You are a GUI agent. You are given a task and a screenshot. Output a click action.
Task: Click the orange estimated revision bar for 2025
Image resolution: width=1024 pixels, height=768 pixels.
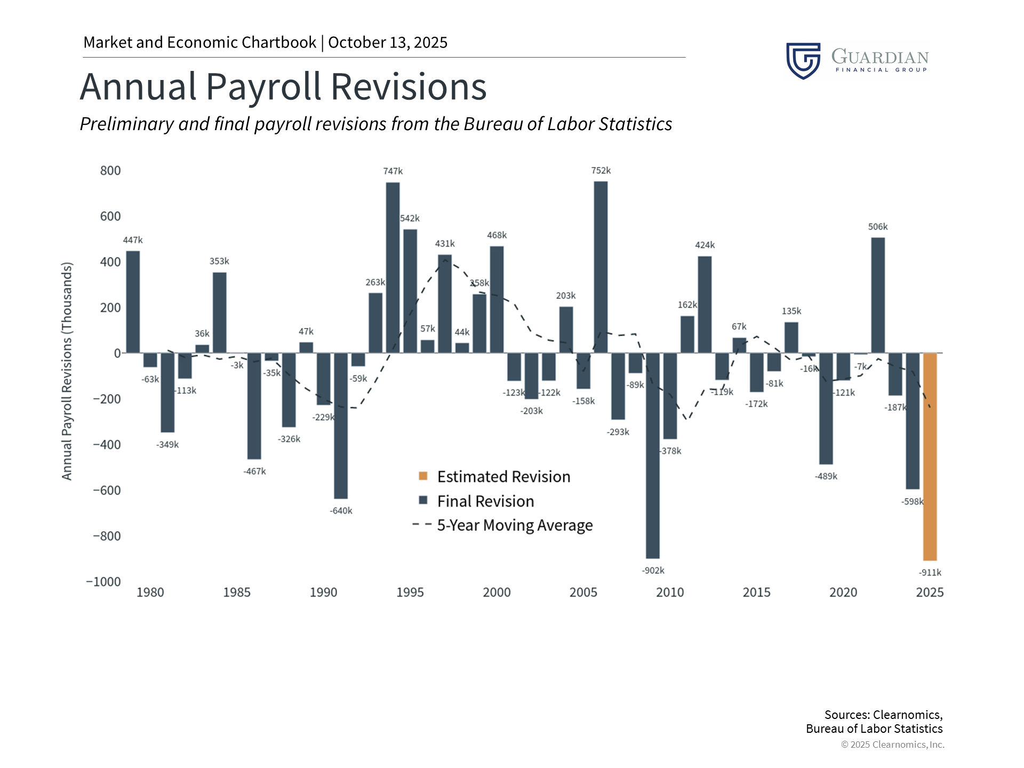tap(930, 457)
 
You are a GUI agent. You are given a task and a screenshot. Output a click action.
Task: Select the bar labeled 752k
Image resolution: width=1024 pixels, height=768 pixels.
tap(601, 267)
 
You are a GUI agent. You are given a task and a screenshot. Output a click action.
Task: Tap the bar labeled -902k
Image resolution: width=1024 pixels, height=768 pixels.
tap(652, 455)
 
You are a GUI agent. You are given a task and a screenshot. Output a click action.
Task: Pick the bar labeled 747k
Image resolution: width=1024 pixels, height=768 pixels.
tap(393, 267)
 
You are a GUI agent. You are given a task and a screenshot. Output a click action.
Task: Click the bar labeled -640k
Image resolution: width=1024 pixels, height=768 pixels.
tap(341, 426)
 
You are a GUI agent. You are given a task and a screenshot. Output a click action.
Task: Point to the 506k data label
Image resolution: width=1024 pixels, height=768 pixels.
tap(877, 227)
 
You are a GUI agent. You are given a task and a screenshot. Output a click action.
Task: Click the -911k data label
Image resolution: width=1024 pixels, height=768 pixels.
tap(930, 572)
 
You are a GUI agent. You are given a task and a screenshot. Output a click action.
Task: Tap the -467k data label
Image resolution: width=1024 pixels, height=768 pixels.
tap(254, 471)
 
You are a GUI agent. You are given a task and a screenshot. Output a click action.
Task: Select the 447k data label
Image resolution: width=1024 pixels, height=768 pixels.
tap(133, 240)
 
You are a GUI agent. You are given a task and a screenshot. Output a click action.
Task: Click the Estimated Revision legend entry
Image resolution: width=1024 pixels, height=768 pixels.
tap(503, 476)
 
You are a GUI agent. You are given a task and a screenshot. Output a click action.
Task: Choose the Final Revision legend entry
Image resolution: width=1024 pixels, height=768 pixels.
tap(485, 501)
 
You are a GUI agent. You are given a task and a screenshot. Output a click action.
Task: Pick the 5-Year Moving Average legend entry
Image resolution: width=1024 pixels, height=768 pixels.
tap(514, 525)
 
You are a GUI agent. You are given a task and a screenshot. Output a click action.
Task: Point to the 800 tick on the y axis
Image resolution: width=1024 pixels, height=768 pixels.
tap(110, 171)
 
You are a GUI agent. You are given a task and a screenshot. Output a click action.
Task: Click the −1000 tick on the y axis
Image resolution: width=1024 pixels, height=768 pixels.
tap(104, 581)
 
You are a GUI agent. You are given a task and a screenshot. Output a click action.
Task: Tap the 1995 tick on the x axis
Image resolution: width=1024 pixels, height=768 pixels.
tap(410, 592)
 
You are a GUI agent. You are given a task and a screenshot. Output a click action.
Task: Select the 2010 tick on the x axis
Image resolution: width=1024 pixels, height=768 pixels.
tap(669, 592)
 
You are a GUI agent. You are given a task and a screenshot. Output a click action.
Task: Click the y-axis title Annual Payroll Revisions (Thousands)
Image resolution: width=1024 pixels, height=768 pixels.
tap(67, 371)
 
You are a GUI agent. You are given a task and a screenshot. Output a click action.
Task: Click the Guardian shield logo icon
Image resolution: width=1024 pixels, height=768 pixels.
tap(803, 60)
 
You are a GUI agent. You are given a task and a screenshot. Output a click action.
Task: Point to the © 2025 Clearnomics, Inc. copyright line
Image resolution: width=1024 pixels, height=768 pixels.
tap(892, 744)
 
